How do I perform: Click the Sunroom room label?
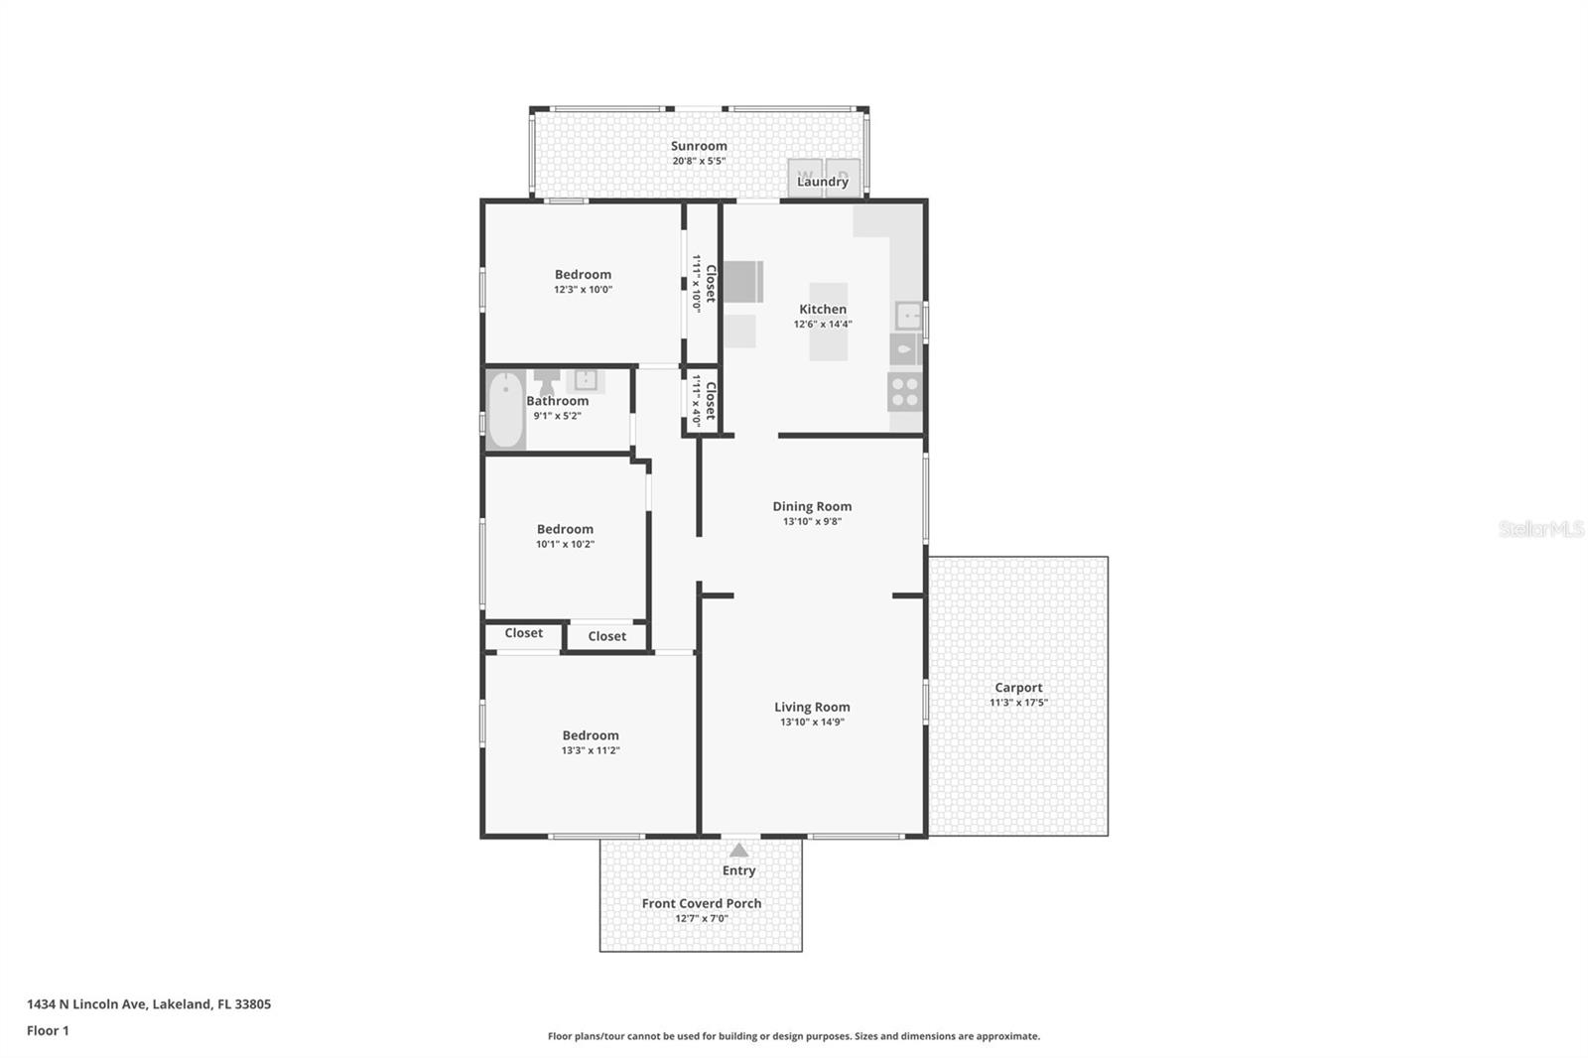699,146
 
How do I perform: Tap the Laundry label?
823,182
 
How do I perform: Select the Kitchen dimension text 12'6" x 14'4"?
823,325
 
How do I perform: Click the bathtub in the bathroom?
505,410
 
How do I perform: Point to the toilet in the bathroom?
547,379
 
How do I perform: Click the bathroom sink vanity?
586,379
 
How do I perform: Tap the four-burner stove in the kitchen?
905,392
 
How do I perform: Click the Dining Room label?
812,506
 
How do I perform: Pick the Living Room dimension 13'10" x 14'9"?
812,723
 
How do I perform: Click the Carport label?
1018,688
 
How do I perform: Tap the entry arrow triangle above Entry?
738,850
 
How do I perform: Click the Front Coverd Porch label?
702,903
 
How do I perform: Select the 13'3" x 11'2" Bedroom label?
591,735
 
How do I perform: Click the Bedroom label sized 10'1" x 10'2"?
565,529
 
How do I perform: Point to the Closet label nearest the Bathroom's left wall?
523,633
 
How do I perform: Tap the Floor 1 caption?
48,1030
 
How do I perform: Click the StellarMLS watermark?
1540,529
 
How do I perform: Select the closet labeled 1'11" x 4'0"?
703,399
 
